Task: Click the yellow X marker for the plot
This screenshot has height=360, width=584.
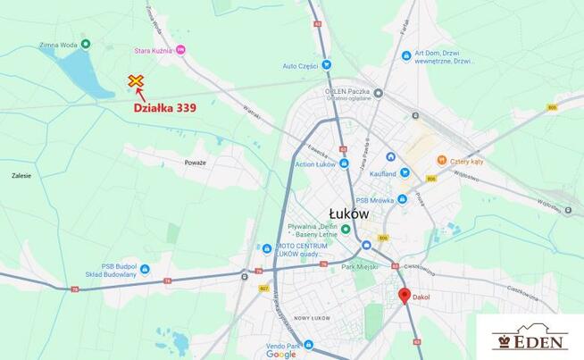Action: pos(136,81)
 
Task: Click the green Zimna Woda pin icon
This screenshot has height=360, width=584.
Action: pos(86,43)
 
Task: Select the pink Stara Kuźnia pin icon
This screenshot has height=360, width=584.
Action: pos(181,50)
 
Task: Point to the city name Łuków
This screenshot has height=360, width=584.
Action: pos(348,213)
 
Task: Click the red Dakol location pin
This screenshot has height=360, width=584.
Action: pos(404,296)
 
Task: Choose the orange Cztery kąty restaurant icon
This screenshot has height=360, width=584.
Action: pos(441,160)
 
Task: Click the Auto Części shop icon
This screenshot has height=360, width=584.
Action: pos(327,64)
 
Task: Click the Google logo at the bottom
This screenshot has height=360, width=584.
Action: pos(280,354)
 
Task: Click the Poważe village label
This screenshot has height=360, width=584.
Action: pos(196,163)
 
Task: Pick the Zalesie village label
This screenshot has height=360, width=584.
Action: pos(21,176)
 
